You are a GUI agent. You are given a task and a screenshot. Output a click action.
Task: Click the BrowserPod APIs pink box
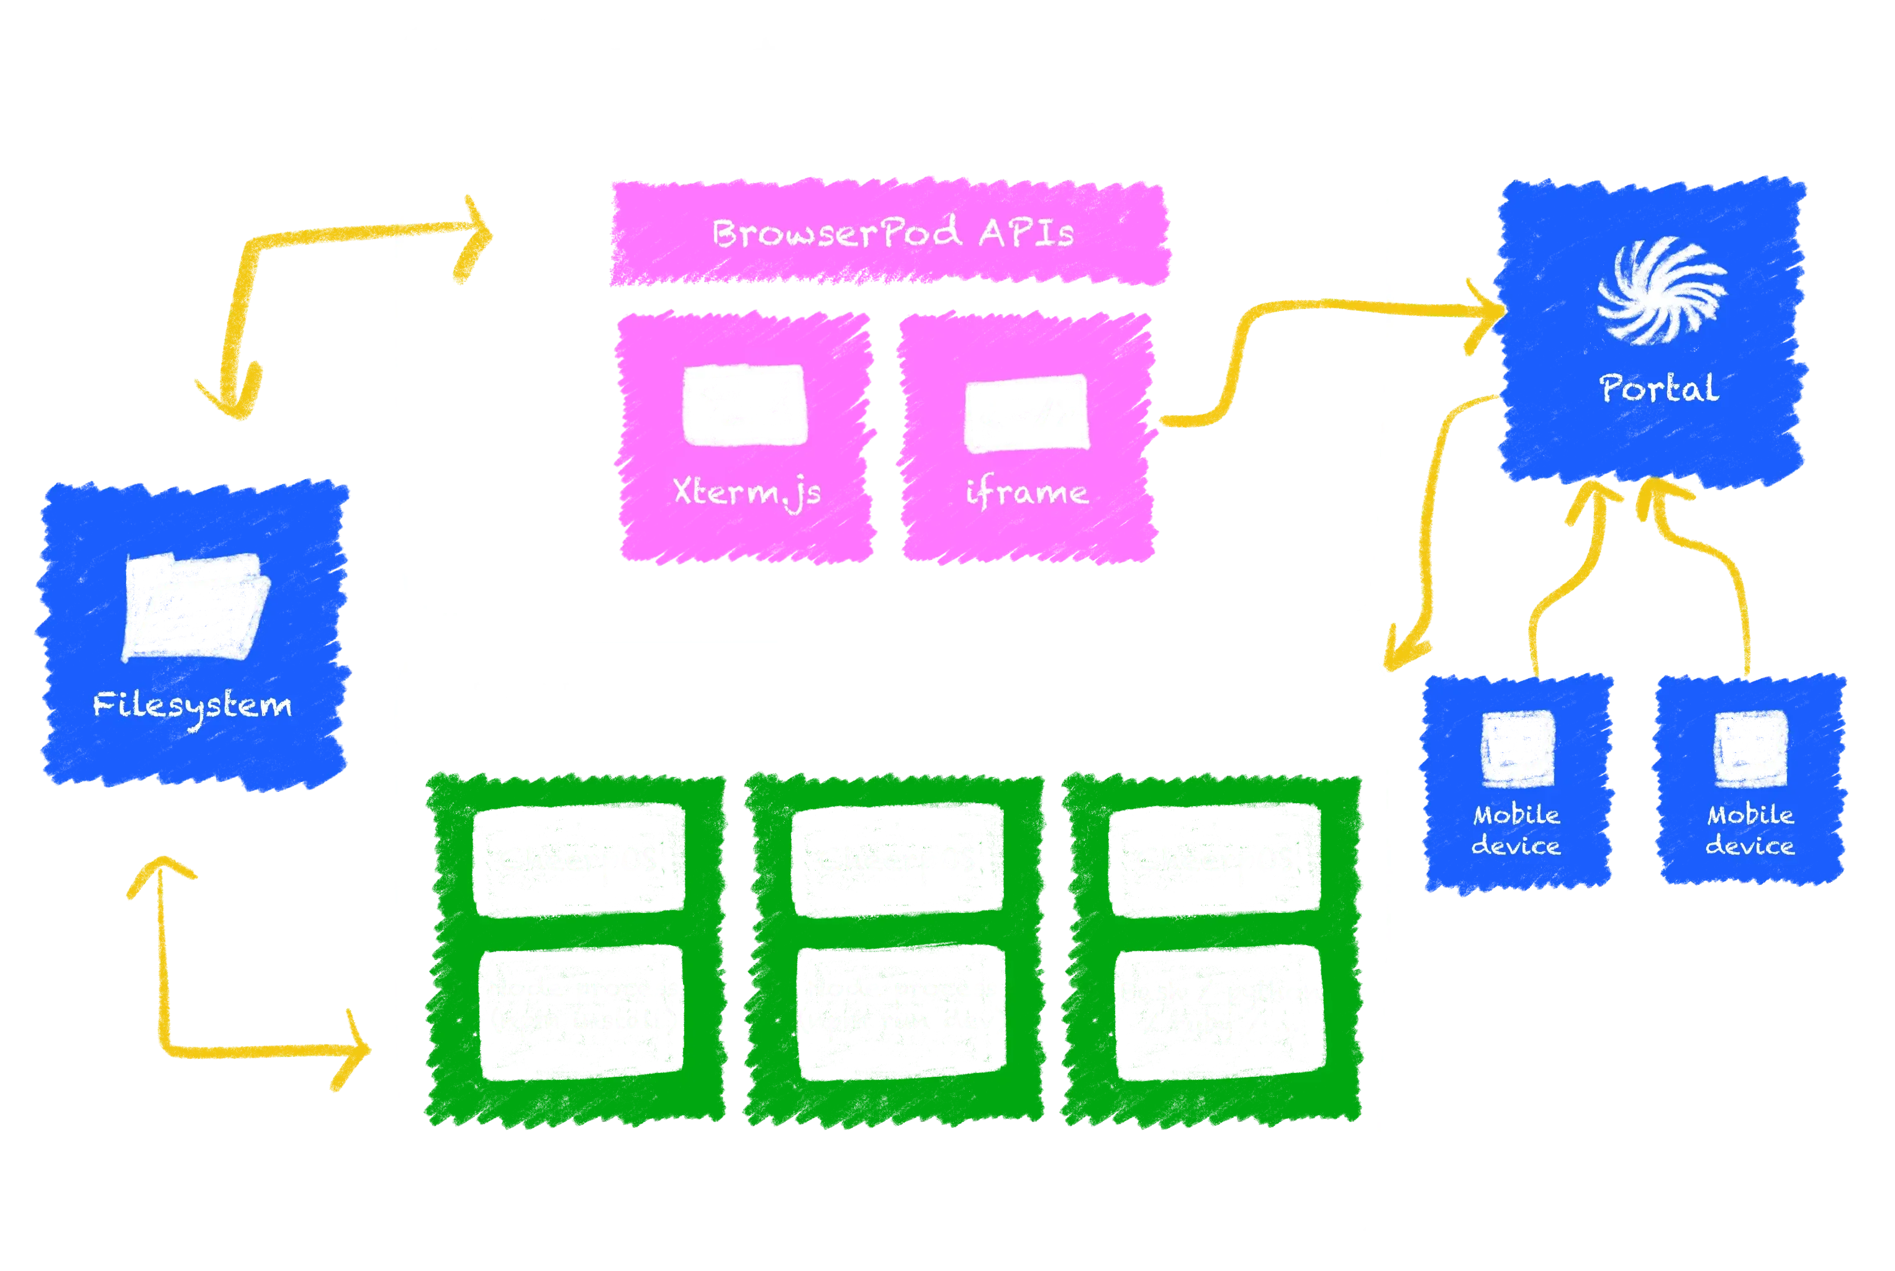[890, 233]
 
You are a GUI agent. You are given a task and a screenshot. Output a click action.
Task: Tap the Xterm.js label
[747, 492]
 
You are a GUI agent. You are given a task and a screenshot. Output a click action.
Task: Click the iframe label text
[1026, 492]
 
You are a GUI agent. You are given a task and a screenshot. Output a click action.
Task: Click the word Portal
[1658, 388]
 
